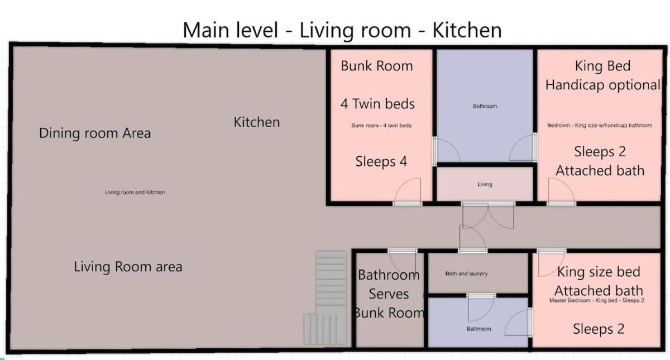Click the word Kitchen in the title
467,30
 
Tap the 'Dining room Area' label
95,133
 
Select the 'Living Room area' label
128,266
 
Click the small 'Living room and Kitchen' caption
135,192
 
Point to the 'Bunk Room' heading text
377,66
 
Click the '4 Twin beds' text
377,104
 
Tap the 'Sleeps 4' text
381,161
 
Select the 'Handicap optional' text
602,85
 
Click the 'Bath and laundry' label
466,273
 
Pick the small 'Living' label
485,184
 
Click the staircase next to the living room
326,298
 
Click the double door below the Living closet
488,215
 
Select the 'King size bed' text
599,272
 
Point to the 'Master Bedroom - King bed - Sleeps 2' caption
597,300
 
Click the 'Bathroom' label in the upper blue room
485,106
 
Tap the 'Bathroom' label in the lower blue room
479,329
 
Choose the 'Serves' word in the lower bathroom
389,294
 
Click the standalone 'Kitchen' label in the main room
257,122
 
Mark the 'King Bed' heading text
602,66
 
